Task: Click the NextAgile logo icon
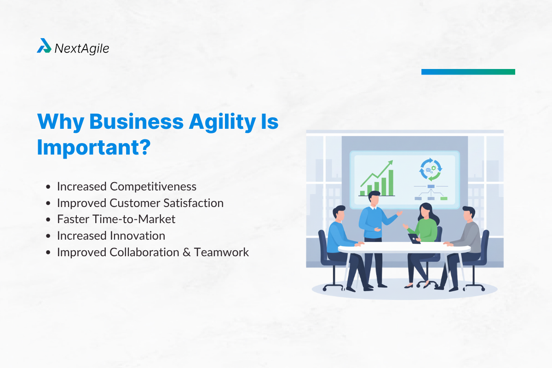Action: coord(44,46)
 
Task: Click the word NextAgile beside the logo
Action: coord(82,48)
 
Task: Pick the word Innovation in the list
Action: coord(138,236)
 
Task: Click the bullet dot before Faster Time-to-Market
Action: coord(49,220)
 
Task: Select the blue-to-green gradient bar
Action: coord(468,72)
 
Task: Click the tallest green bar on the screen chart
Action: coord(391,183)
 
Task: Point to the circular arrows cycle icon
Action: coord(430,170)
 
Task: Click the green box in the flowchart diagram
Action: coord(444,198)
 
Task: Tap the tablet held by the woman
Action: coord(414,238)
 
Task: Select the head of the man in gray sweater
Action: coord(468,213)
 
